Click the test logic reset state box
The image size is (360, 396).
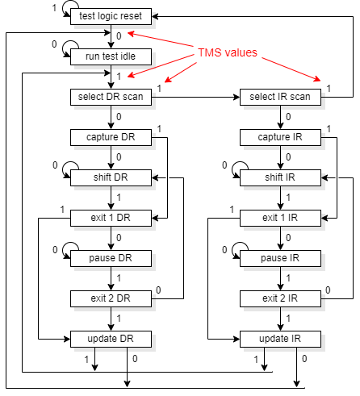pos(111,16)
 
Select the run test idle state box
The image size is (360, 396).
pos(111,56)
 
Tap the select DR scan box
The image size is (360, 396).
pos(111,97)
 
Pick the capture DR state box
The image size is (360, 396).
pos(111,137)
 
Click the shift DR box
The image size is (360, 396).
pos(111,177)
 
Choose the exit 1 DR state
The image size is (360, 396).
pos(111,218)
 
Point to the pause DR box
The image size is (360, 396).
pos(111,258)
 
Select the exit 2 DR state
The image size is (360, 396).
pos(111,298)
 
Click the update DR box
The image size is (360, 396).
pos(111,339)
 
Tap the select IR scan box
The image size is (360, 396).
pos(280,97)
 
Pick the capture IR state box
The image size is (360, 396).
pos(280,137)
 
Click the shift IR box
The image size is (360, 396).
pos(280,177)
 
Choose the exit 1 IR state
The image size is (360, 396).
pos(280,218)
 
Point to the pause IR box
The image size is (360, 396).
pos(280,258)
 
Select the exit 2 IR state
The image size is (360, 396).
pos(280,298)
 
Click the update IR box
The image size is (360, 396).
pos(280,339)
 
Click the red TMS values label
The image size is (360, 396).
pos(228,52)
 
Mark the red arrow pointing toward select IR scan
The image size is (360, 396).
pos(291,69)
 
